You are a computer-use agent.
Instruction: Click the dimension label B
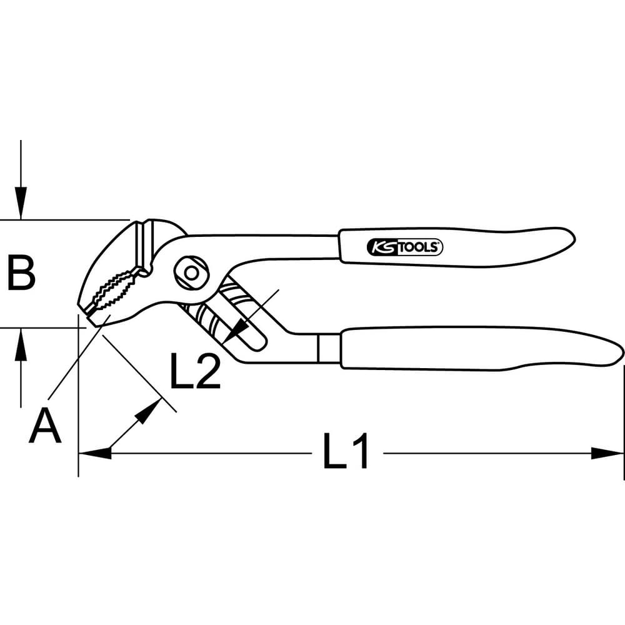point(21,274)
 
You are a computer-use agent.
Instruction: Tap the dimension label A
point(45,427)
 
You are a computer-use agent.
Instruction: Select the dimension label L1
point(346,451)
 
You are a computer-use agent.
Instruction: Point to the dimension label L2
point(195,371)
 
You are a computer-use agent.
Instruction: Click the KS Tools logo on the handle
point(404,247)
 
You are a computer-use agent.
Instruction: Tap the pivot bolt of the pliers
point(191,273)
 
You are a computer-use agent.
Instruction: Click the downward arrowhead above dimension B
point(21,203)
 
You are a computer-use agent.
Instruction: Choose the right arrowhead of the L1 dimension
point(607,453)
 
